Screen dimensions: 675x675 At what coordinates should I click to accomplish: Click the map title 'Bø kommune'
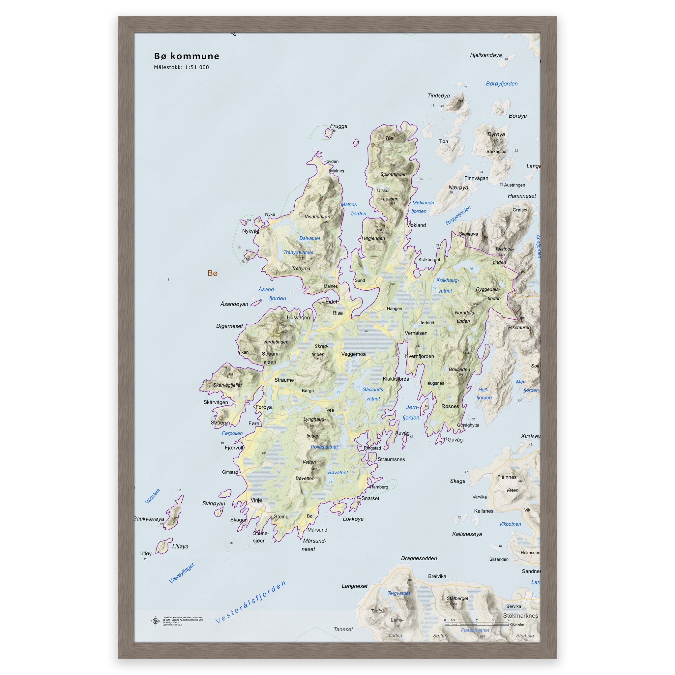coord(187,56)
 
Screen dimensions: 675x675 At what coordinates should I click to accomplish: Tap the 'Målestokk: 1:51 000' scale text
coord(181,68)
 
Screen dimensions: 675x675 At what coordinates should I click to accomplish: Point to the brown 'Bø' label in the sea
coord(213,273)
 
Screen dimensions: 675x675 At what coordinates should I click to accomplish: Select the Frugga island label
coord(338,126)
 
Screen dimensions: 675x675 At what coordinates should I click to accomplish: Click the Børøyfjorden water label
coord(502,84)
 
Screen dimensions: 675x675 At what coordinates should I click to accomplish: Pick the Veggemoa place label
coord(353,354)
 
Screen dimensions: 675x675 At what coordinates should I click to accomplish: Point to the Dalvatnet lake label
coord(309,238)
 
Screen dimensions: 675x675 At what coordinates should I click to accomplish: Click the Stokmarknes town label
coord(520,616)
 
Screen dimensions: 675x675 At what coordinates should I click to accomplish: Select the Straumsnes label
coord(391,459)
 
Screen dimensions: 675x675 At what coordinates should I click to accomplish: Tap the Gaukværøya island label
coord(149,519)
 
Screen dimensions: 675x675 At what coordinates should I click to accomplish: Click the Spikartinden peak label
coord(394,174)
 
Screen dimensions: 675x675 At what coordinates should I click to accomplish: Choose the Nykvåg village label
coord(250,231)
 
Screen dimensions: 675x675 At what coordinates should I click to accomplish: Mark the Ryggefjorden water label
coord(458,215)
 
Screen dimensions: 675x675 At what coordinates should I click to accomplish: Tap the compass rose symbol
coord(156,621)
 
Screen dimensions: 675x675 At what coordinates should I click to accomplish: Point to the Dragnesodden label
coord(419,558)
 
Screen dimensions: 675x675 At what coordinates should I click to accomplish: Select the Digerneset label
coord(229,326)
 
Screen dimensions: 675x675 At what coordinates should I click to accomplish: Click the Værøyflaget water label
coord(181,573)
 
